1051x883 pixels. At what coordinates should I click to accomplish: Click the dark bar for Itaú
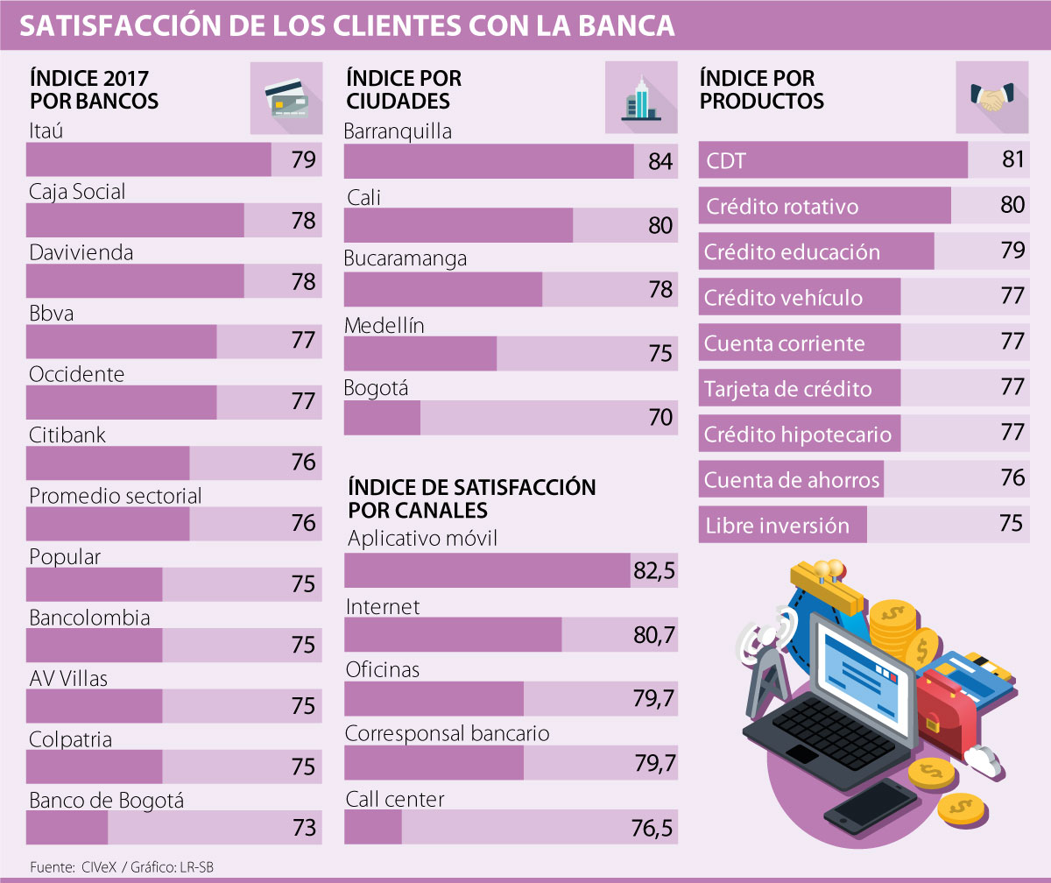tap(149, 159)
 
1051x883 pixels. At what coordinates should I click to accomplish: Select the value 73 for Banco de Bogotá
tap(304, 827)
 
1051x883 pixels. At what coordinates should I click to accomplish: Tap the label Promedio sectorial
tap(116, 496)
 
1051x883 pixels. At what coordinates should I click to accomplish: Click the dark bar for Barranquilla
tap(489, 161)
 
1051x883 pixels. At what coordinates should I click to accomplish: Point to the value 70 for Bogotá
tap(660, 418)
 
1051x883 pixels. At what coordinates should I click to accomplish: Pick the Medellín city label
tap(384, 326)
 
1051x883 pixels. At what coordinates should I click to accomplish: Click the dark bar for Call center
tap(373, 827)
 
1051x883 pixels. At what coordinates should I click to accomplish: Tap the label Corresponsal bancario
tap(447, 732)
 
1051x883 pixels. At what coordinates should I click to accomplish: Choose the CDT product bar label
tap(726, 161)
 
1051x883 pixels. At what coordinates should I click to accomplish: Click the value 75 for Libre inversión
tap(1011, 523)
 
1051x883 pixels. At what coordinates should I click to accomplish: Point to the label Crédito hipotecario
tap(797, 434)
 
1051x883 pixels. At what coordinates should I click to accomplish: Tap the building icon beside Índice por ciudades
tap(639, 98)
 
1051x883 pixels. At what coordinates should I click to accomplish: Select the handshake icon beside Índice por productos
tap(991, 98)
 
